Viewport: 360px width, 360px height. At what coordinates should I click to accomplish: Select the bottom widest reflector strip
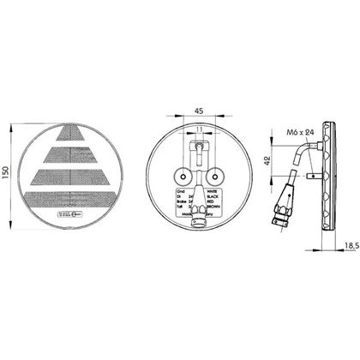click(x=78, y=199)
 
